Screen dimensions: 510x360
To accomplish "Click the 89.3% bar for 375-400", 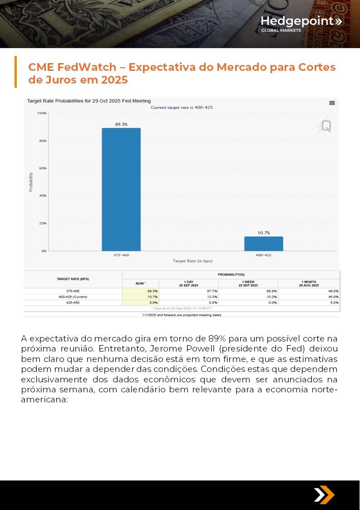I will [121, 189].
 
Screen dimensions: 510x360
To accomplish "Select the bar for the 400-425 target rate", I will [263, 244].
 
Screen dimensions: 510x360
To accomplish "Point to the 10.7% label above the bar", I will [264, 233].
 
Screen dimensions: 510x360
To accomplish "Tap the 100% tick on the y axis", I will [42, 113].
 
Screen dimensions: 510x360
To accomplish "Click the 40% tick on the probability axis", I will [42, 196].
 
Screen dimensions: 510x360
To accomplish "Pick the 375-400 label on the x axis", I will [121, 255].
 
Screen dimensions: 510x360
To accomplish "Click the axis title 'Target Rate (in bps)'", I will [192, 261].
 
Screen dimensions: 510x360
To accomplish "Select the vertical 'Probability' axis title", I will [31, 182].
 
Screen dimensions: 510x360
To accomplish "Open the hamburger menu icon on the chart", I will [332, 103].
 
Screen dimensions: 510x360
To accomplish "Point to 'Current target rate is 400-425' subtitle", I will [182, 108].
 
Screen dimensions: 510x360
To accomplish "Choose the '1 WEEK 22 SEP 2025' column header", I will [248, 283].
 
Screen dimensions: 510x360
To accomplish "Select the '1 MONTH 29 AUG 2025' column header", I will [309, 283].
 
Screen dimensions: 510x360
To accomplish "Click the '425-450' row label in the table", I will [73, 302].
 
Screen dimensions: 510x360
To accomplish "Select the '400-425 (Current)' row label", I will [73, 297].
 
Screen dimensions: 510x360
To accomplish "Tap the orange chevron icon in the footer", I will [324, 495].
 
